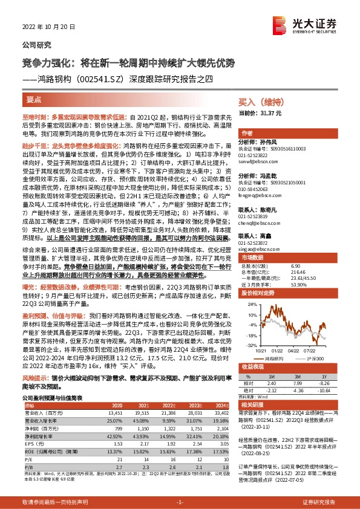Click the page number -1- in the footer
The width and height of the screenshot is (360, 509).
[x=179, y=502]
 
